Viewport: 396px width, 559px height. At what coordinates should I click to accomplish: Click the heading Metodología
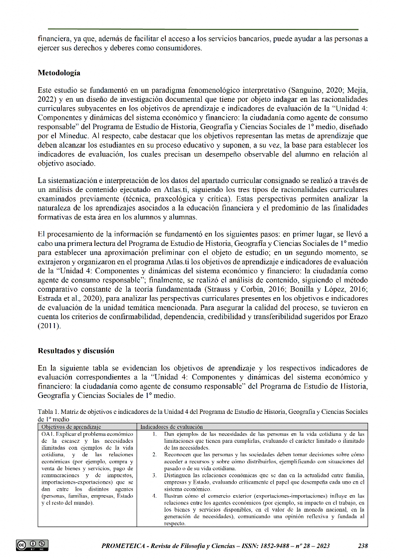pos(59,73)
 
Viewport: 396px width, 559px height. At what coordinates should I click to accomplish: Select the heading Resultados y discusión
pos(76,351)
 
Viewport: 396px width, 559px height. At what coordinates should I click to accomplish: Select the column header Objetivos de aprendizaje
pos(71,427)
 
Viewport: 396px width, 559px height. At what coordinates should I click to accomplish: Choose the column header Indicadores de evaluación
pos(171,427)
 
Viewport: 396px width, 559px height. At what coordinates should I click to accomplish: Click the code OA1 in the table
pos(48,434)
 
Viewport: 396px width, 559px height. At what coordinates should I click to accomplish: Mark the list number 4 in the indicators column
pos(155,496)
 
